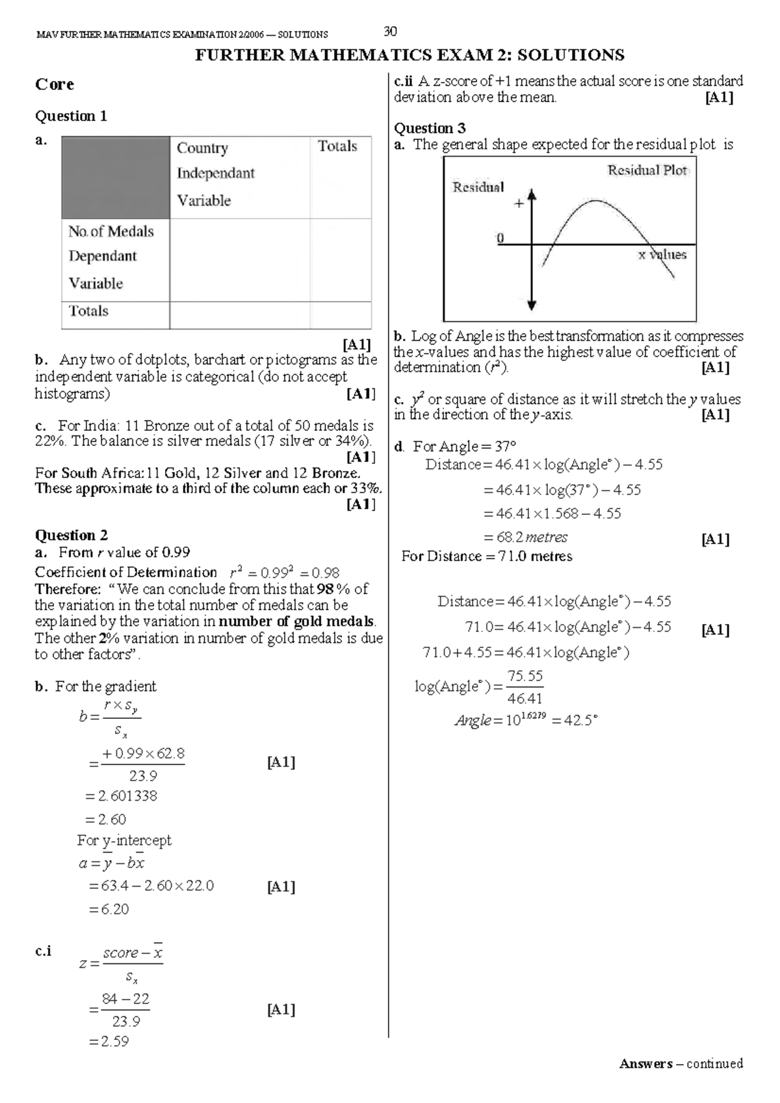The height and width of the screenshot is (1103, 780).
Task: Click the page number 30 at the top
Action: point(391,31)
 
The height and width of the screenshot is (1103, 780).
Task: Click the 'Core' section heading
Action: point(55,84)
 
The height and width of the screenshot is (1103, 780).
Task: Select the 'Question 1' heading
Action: point(71,116)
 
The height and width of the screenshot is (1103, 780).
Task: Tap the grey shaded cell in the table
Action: point(115,177)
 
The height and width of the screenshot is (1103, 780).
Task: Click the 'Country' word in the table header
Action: point(202,148)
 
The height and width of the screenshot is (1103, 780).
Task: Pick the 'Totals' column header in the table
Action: point(337,146)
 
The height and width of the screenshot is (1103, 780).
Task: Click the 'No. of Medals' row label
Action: point(111,232)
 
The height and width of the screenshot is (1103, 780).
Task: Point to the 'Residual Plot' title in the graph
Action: point(647,170)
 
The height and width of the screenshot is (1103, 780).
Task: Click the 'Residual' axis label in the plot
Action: point(478,187)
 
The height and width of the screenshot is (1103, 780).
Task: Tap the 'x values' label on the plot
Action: point(662,255)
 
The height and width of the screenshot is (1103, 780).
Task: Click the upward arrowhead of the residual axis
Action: point(532,194)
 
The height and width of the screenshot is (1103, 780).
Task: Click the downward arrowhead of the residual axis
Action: point(532,304)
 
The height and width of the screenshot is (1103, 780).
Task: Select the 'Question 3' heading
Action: point(430,128)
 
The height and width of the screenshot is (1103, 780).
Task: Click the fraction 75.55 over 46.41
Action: point(525,687)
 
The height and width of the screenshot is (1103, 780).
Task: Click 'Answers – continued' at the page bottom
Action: point(681,1064)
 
